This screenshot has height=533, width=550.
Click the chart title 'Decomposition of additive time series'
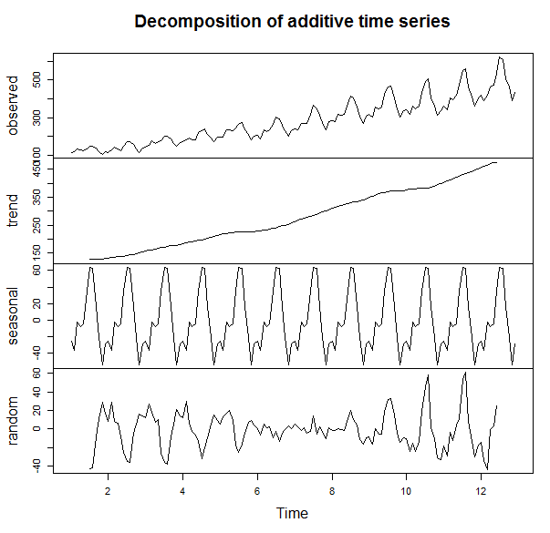(292, 22)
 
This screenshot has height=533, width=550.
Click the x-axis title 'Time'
(293, 513)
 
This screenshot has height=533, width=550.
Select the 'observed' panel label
(14, 105)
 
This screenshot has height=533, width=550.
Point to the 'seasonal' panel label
(14, 316)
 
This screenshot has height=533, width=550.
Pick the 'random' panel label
(14, 422)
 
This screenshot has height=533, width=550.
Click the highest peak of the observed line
(500, 56)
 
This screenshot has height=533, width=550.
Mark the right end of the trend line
(496, 162)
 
